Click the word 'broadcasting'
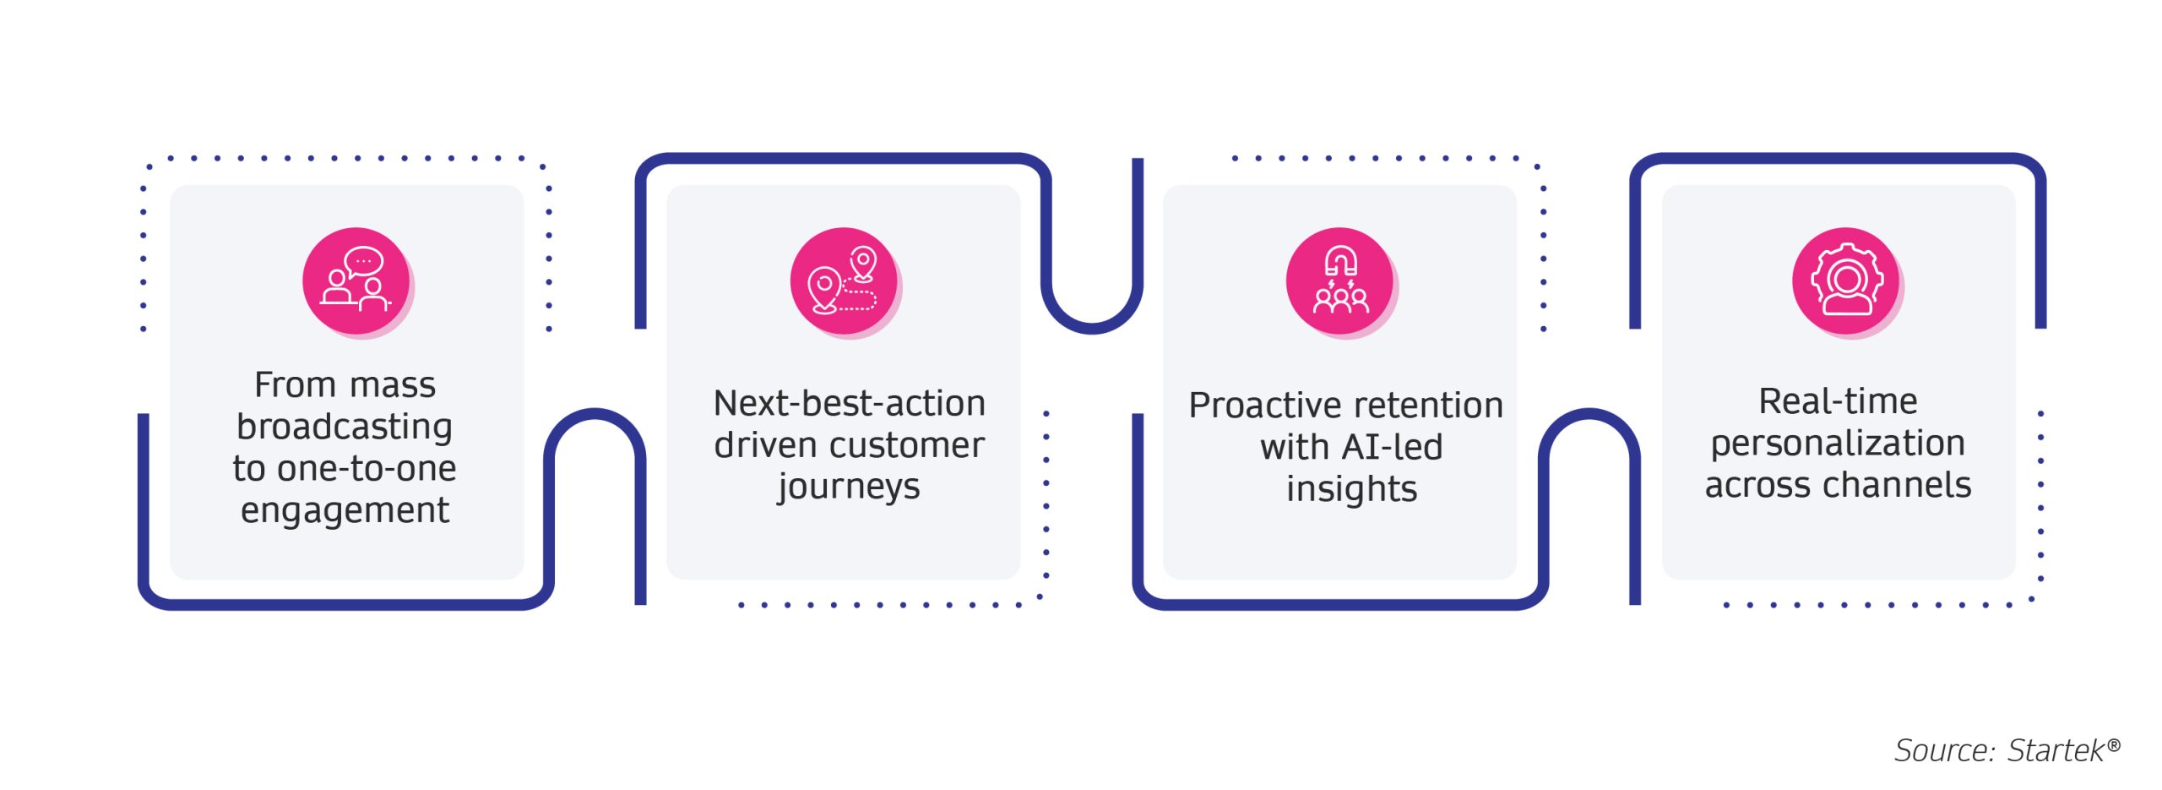(345, 427)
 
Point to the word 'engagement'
(345, 510)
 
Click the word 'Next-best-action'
(850, 404)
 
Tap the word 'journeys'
(849, 488)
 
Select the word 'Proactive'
(1247, 406)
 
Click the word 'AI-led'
(1393, 447)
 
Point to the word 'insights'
(1351, 489)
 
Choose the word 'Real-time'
(1838, 401)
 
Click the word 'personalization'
(1838, 444)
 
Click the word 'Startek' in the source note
(2056, 750)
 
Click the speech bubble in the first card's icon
(364, 261)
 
